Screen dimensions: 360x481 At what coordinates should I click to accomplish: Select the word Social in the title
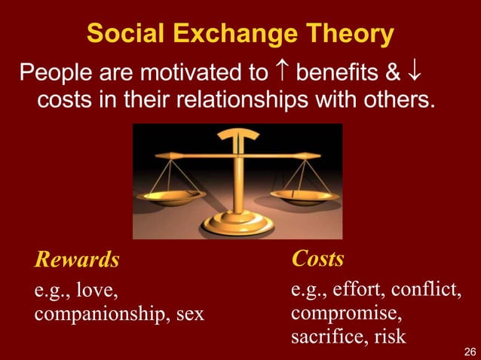point(123,34)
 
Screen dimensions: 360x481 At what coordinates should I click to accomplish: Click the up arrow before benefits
point(282,73)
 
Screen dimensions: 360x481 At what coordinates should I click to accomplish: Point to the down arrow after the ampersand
point(414,73)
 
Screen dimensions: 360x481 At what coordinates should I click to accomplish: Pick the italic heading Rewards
point(77,260)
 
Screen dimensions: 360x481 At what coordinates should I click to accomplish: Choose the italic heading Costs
point(317,259)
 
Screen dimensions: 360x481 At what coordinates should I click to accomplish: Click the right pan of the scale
point(305,196)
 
